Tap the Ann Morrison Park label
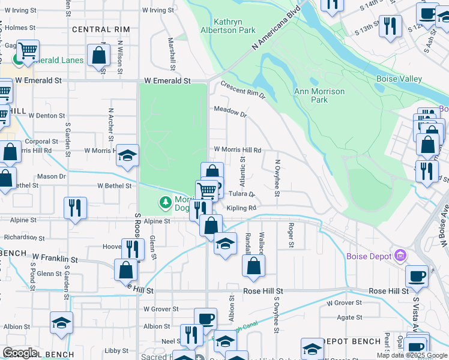(x=319, y=95)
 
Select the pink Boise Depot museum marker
(x=399, y=256)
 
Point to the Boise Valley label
(x=399, y=79)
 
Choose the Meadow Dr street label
(x=231, y=112)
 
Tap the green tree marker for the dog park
(x=165, y=203)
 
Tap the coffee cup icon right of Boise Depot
(x=417, y=276)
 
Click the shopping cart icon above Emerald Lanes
(x=28, y=50)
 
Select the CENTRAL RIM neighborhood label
(x=101, y=29)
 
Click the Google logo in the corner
(x=20, y=353)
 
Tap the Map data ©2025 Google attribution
(x=412, y=355)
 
